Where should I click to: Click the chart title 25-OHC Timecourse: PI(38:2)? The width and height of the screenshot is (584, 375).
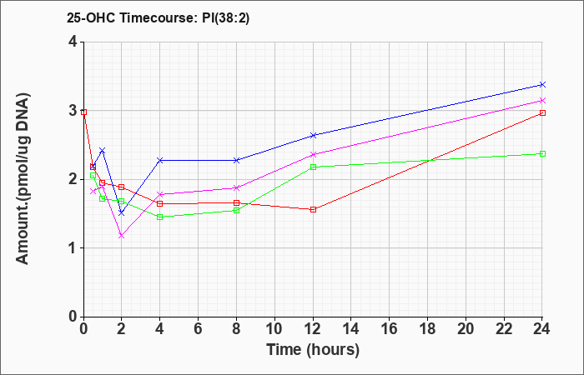158,18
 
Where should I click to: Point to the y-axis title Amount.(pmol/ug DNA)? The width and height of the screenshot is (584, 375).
23,179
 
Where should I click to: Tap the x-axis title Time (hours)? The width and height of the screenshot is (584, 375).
313,350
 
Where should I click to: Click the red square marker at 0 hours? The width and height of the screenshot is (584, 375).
83,112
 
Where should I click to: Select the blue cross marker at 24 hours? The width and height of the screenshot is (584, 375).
542,85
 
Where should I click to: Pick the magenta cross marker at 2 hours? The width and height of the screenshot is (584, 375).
122,236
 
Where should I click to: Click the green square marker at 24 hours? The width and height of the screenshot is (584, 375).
542,153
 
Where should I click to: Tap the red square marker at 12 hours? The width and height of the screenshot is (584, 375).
313,209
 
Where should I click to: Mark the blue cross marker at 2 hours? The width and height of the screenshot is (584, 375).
122,212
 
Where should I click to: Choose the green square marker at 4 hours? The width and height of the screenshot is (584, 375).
160,217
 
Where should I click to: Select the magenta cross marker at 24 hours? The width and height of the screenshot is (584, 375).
542,101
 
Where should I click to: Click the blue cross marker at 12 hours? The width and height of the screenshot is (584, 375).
313,135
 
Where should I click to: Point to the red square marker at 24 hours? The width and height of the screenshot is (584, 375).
542,112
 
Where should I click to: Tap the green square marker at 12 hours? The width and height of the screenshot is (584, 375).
313,167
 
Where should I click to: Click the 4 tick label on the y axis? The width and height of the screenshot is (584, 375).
73,42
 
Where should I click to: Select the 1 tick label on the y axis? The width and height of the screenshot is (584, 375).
73,248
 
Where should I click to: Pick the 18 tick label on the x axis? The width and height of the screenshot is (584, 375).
427,329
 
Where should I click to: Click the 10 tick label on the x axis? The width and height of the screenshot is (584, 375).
274,329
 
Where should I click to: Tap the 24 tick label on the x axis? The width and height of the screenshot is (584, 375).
542,329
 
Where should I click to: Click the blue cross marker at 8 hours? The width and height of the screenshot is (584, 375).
236,160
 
